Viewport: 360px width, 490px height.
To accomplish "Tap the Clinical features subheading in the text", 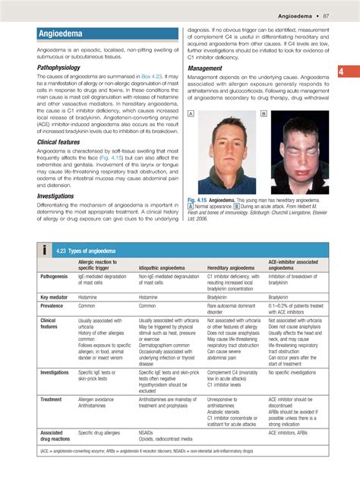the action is tap(58, 142).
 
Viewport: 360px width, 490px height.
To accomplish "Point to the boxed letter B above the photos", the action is tap(264, 113).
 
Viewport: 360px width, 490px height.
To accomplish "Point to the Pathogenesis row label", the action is tap(56, 277).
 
